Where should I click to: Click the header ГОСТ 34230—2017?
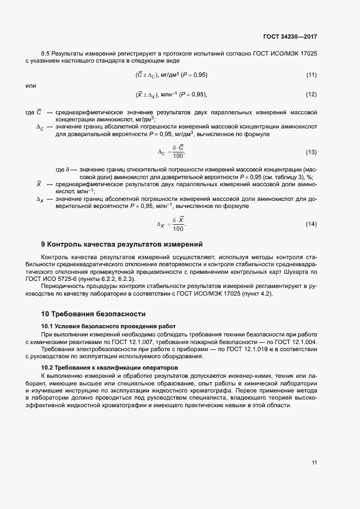tap(290, 37)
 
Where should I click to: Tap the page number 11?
tap(314, 463)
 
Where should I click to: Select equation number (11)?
tap(312, 74)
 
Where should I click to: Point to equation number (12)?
tap(312, 95)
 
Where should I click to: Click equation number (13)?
tap(312, 152)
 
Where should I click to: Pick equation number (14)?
tap(312, 224)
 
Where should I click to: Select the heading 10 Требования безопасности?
tap(94, 314)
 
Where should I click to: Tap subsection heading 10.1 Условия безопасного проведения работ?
tap(108, 326)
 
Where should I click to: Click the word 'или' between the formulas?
tap(31, 85)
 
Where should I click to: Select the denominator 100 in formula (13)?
tap(178, 156)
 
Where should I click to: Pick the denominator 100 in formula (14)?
tap(178, 229)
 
